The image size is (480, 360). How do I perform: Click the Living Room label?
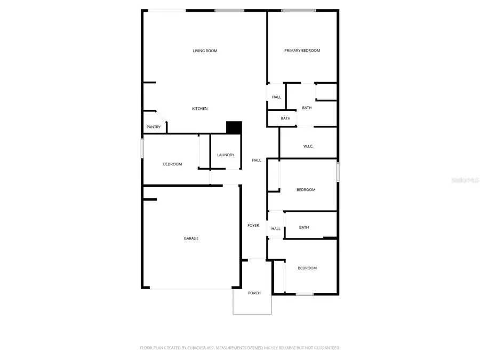205,51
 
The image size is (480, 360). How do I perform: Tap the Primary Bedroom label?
302,51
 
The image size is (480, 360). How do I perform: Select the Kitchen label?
200,109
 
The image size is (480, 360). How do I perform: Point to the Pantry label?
154,127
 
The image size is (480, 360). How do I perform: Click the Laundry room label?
226,155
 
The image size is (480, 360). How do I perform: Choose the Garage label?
191,238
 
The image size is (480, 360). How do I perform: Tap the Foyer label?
253,226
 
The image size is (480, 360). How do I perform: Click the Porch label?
254,293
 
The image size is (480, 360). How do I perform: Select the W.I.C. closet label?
308,146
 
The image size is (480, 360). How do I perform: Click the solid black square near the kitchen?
234,128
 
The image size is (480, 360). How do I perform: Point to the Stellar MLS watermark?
465,180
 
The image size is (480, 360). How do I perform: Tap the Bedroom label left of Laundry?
172,164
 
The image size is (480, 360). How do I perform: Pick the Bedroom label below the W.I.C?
306,190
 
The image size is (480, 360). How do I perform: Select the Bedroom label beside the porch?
307,268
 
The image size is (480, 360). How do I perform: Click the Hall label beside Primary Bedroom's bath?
276,97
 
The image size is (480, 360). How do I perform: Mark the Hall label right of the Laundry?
257,160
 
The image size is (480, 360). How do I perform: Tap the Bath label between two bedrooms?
303,228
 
